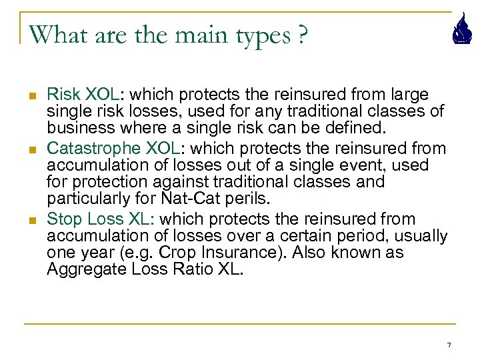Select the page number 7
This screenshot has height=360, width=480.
click(x=449, y=345)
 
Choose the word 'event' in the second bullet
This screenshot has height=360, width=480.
click(x=340, y=165)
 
